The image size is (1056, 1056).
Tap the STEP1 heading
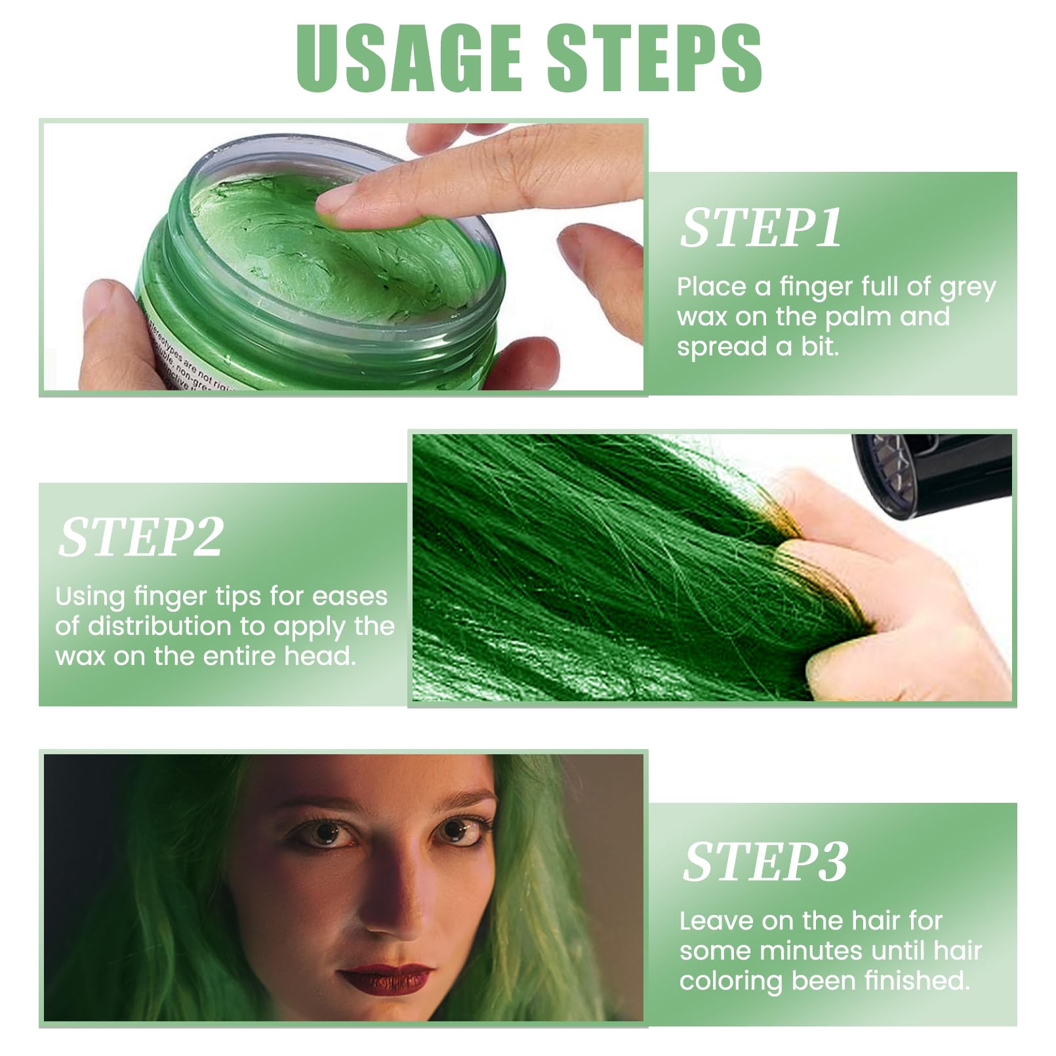(760, 228)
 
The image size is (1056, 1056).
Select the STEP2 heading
(141, 537)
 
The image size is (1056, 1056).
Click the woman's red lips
(386, 979)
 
